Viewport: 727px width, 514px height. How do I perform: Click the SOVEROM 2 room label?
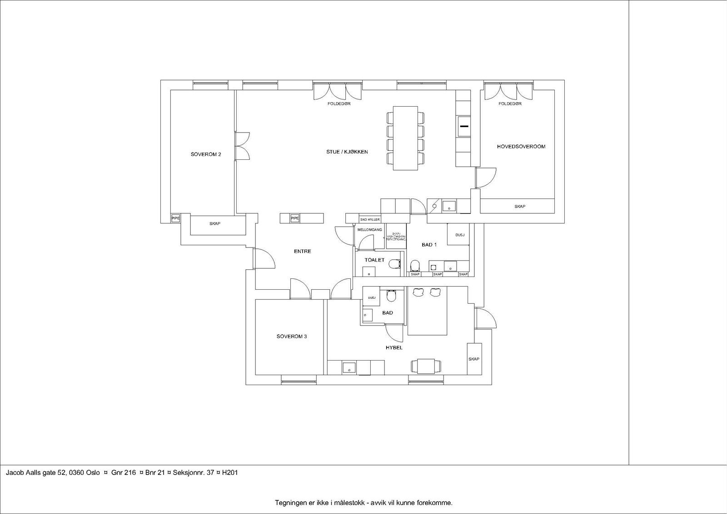[206, 154]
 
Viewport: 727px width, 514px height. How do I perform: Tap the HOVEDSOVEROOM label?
[521, 147]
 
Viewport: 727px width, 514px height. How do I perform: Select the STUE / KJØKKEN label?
[347, 152]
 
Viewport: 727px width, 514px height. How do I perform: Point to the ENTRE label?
[302, 251]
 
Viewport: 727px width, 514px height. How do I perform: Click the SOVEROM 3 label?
[292, 336]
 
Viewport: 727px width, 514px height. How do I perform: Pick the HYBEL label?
[394, 348]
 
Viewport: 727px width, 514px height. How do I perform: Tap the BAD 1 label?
[429, 245]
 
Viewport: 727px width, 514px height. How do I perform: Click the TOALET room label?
[374, 260]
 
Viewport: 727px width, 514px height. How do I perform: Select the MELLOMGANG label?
[369, 230]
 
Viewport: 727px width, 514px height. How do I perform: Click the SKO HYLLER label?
[369, 219]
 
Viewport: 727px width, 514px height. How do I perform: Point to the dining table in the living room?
[405, 138]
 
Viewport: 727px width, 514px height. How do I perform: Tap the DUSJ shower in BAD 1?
[459, 235]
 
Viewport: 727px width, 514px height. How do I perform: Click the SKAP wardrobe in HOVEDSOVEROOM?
[519, 207]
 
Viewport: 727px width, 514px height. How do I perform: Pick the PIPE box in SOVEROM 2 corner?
[175, 218]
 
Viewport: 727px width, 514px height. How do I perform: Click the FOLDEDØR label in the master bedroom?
[510, 104]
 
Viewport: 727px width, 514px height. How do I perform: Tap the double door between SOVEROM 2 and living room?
[241, 146]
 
